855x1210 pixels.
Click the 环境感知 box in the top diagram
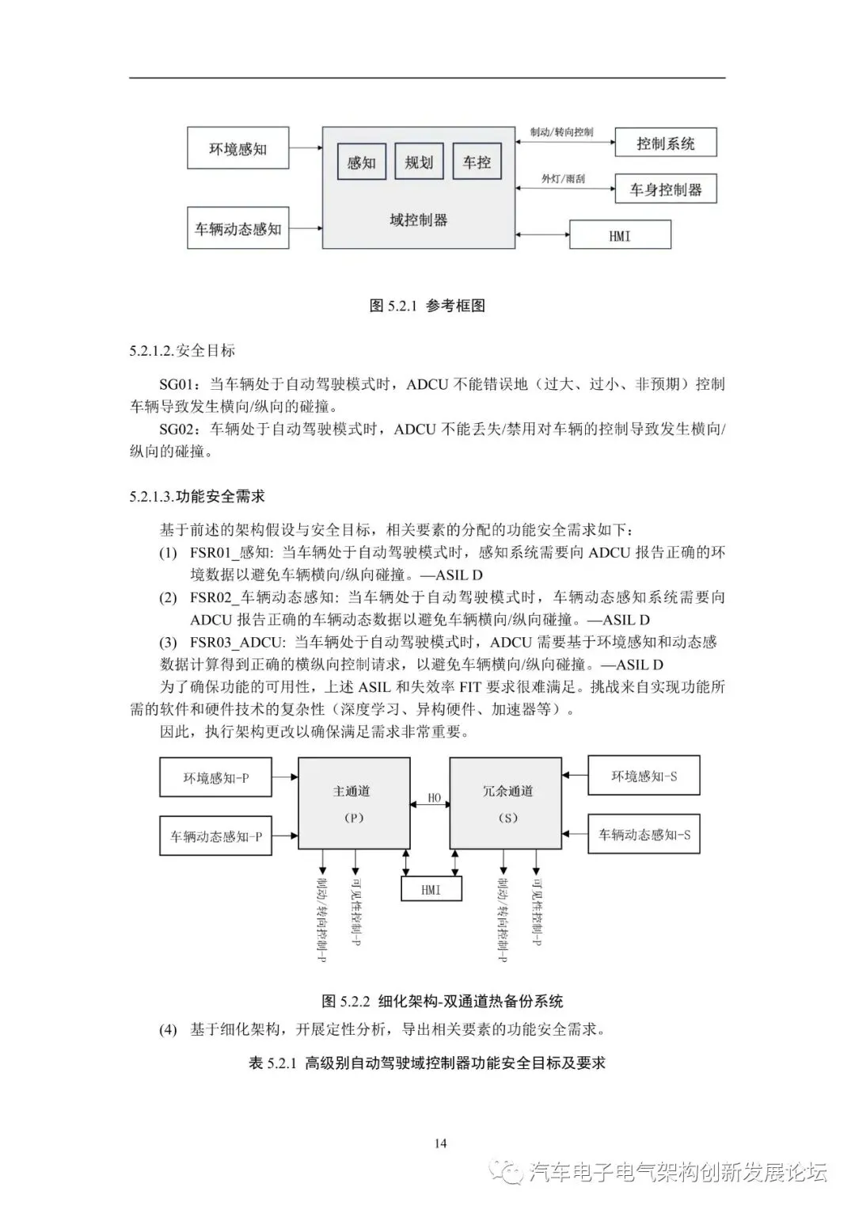coord(237,148)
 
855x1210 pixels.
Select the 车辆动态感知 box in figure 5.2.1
coord(237,228)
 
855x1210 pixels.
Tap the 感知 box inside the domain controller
coord(361,162)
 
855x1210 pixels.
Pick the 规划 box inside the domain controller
coord(419,162)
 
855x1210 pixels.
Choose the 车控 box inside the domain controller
coord(477,162)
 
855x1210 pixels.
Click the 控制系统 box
coord(665,143)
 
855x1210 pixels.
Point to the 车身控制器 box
coord(665,189)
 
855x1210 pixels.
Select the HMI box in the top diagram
coord(620,235)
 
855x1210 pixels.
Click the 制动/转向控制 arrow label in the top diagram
coord(561,132)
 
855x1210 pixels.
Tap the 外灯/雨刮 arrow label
coord(563,179)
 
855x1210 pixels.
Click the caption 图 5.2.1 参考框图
coord(427,306)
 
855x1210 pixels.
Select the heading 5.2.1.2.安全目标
coord(182,350)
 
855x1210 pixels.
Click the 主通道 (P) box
coord(353,803)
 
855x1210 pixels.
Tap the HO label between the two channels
coord(434,798)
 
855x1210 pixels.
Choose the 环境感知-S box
coord(644,777)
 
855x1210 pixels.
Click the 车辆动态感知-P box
coord(215,836)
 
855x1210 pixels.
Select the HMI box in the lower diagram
coord(431,890)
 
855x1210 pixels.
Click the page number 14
coord(441,1143)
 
